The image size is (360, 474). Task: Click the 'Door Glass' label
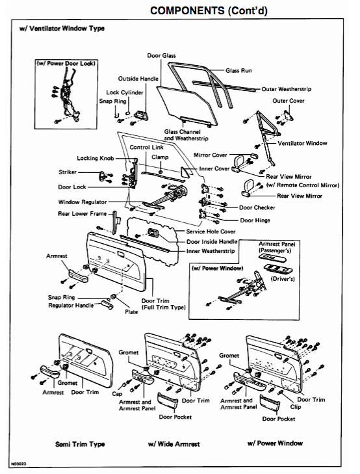tap(161, 57)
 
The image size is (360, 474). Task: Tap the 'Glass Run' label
tap(238, 70)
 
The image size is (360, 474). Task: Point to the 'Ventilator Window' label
tap(303, 143)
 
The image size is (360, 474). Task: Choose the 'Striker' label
tap(67, 172)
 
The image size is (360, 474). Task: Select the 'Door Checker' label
tap(257, 207)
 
